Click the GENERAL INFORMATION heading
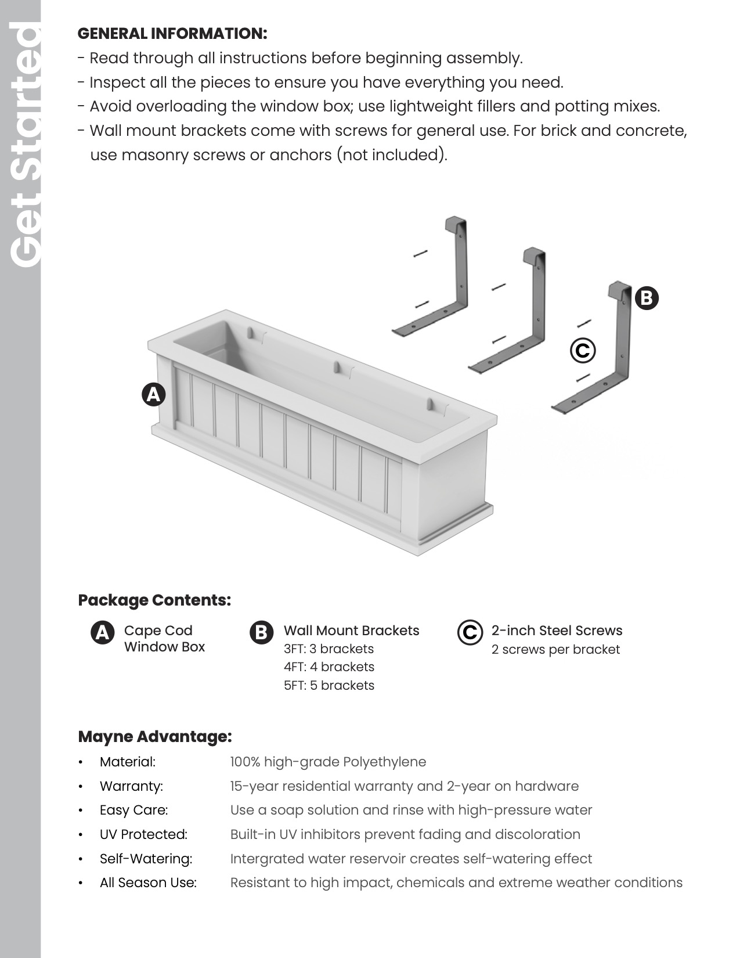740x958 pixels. point(172,34)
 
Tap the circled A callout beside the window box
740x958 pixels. point(154,395)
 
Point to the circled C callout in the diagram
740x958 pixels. point(583,351)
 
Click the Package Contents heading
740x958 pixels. point(154,600)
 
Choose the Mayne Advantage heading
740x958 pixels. point(155,737)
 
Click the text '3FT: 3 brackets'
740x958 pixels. point(329,649)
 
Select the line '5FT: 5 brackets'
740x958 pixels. point(329,685)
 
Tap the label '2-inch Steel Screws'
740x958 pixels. point(557,631)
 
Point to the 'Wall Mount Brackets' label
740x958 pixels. point(351,631)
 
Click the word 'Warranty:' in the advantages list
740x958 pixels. point(131,786)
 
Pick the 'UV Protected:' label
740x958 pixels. point(143,834)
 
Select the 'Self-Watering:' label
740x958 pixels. point(146,859)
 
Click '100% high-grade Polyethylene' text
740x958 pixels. point(328,762)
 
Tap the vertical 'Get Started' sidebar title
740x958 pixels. point(25,145)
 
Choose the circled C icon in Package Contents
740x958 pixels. point(470,633)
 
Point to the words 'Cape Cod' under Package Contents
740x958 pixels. point(158,631)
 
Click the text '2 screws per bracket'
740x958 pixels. point(555,649)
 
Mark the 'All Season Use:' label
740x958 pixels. point(148,883)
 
